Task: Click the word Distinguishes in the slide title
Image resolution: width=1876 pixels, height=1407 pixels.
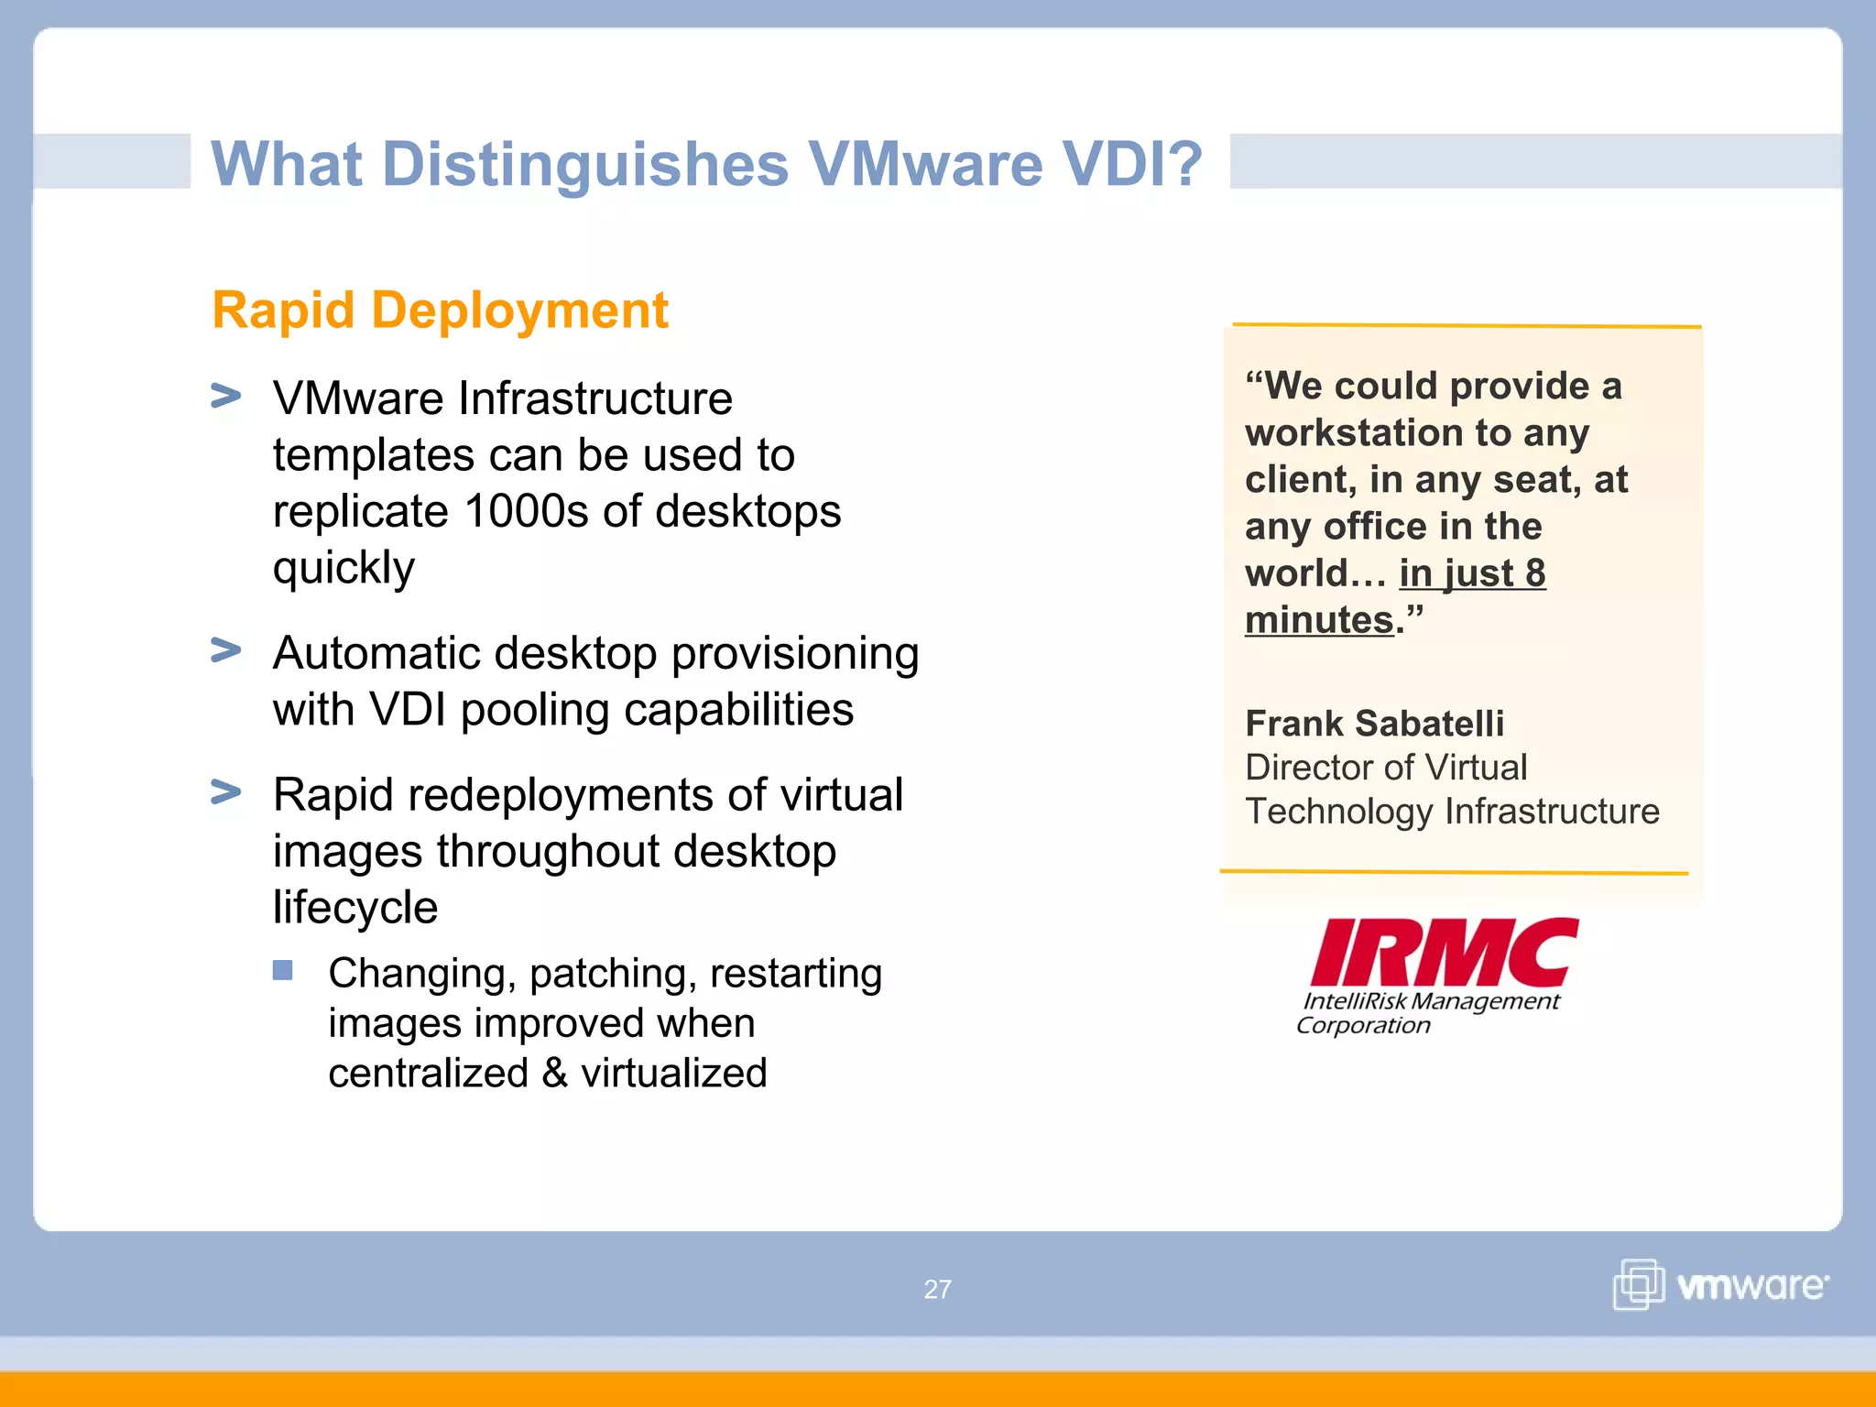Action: (x=584, y=165)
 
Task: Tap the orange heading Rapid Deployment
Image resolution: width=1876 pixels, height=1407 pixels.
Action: (x=440, y=311)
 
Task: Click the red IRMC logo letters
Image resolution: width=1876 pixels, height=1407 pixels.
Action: (x=1444, y=953)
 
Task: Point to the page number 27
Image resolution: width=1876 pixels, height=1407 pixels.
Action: (x=937, y=1290)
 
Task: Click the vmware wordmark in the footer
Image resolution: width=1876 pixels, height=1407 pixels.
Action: (x=1751, y=1286)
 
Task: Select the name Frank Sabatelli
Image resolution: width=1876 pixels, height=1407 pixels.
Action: (x=1374, y=724)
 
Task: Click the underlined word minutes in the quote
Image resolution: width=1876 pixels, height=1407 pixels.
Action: (x=1318, y=621)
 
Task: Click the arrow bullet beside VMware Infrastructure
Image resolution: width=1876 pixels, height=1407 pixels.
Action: (x=225, y=397)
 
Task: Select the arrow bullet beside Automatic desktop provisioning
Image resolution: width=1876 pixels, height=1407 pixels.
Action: (x=225, y=650)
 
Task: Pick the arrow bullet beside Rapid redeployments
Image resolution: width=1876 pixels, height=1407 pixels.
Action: (x=225, y=791)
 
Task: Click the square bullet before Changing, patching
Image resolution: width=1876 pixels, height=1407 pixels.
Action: (x=282, y=970)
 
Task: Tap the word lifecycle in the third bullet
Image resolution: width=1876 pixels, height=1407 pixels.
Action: (x=355, y=908)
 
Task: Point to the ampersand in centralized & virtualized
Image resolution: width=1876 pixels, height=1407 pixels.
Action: (x=554, y=1074)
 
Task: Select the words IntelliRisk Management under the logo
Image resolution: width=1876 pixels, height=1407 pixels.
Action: (x=1430, y=1001)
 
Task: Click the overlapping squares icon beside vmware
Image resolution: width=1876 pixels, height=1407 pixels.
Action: (x=1638, y=1284)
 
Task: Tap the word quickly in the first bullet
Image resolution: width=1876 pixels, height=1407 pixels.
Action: (x=344, y=568)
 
